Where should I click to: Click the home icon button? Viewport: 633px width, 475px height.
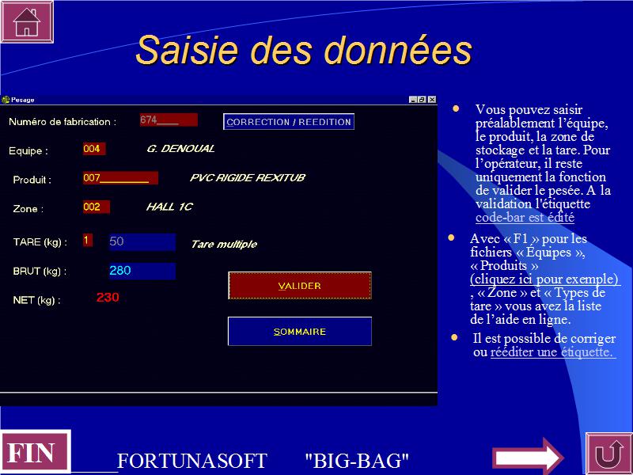[x=27, y=21]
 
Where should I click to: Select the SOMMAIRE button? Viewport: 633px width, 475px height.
[x=300, y=331]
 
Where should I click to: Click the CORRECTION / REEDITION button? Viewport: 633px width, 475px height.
[x=289, y=122]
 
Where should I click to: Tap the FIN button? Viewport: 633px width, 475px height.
[x=35, y=452]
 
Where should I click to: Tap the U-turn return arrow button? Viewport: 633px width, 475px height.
[x=609, y=454]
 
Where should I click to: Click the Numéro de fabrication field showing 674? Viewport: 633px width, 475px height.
[x=169, y=120]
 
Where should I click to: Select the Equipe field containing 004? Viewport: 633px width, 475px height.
[x=94, y=149]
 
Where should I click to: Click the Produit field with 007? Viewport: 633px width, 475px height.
[x=120, y=177]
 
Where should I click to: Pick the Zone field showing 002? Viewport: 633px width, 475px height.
[x=96, y=207]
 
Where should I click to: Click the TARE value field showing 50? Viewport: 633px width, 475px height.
[x=142, y=241]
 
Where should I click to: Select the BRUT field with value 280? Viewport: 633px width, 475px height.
[x=142, y=271]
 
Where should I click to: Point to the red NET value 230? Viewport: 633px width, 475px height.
[x=108, y=298]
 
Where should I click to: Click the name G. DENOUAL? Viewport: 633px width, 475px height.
[x=180, y=149]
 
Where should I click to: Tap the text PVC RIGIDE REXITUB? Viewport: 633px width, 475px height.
[x=248, y=177]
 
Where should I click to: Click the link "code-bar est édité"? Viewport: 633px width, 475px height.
[x=525, y=217]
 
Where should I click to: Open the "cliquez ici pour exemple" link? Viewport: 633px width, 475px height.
[x=545, y=279]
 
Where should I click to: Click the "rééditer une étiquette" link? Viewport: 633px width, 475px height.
[x=552, y=351]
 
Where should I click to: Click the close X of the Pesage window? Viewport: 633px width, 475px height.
[x=432, y=100]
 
